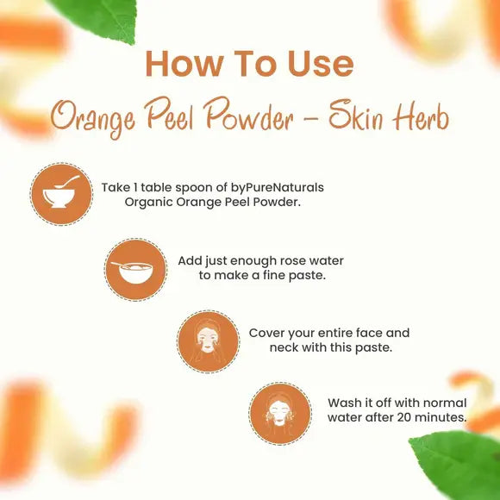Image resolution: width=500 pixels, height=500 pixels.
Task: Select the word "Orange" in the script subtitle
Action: tap(92, 118)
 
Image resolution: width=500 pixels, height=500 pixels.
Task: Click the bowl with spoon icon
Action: tap(61, 194)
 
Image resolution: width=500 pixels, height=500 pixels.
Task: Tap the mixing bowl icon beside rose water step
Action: tap(136, 270)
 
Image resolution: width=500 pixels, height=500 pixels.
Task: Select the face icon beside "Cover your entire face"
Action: tap(208, 342)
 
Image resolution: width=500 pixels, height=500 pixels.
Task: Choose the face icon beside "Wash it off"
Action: tap(279, 415)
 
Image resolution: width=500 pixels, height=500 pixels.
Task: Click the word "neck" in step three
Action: tap(286, 347)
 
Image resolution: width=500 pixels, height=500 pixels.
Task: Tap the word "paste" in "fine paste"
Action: tap(306, 275)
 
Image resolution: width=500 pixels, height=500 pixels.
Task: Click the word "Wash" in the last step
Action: tap(345, 403)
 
